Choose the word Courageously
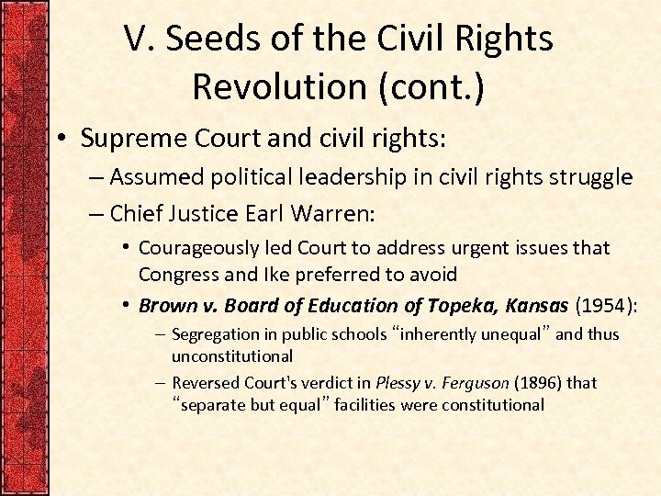tap(196, 248)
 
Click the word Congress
tap(177, 274)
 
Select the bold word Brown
tap(166, 306)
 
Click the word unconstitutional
tap(232, 355)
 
